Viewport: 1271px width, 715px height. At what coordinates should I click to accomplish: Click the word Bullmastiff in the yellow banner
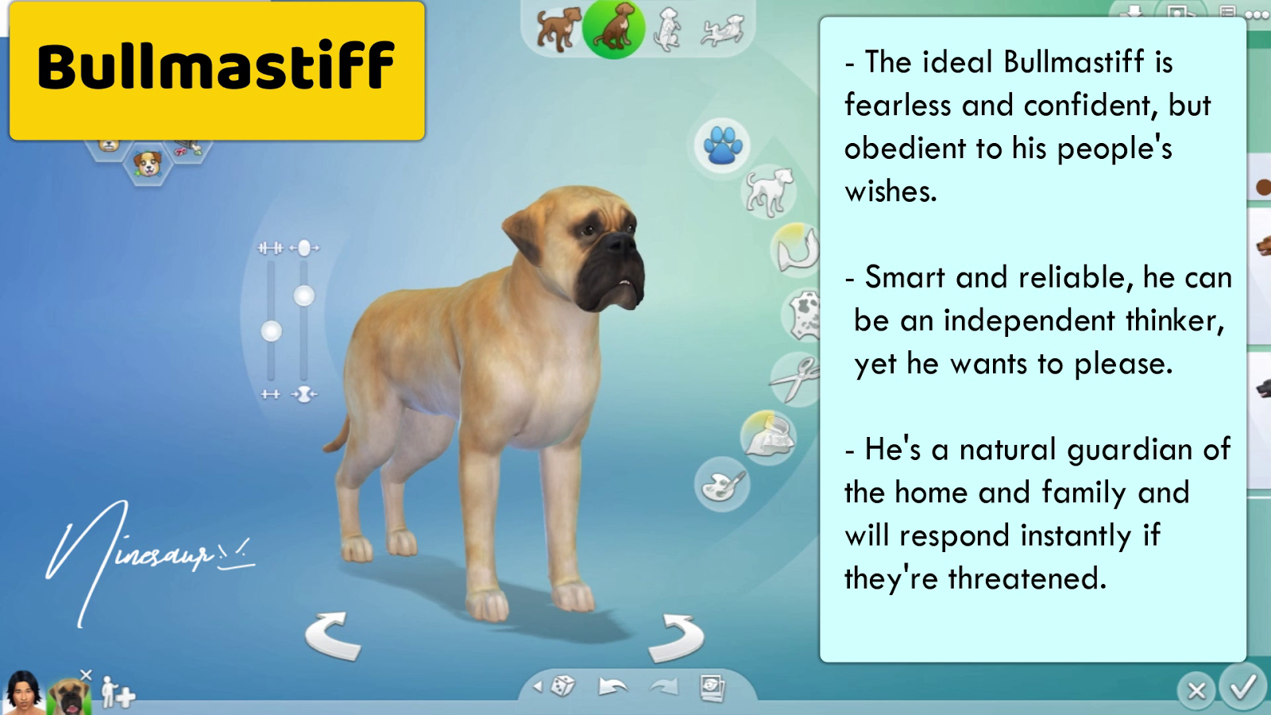tap(216, 67)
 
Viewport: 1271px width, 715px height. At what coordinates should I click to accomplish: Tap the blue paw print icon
tap(721, 145)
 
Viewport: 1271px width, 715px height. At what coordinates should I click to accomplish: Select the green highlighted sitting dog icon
tap(613, 29)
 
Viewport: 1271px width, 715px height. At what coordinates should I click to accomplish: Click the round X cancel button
tap(1196, 690)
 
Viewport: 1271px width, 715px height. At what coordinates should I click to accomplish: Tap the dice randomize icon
tap(562, 686)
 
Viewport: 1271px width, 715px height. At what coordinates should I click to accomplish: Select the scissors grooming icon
tap(795, 378)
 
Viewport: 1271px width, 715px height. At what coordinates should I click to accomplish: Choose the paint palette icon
tap(721, 485)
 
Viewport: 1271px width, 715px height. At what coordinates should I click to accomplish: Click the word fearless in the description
tap(898, 106)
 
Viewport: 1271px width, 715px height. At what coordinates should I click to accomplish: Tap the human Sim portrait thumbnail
tap(24, 693)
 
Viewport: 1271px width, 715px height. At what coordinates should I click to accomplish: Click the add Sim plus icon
tap(118, 694)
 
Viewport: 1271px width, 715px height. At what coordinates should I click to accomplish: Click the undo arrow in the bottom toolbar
tap(612, 686)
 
